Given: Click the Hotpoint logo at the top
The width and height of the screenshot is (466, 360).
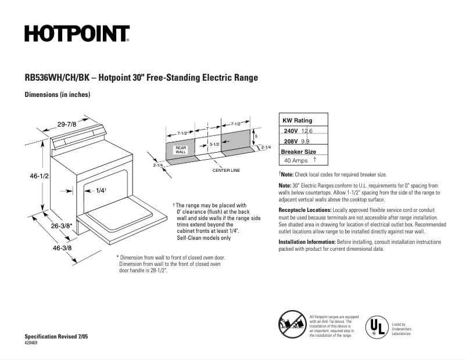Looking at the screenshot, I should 77,34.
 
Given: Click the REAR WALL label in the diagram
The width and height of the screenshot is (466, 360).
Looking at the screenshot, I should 181,150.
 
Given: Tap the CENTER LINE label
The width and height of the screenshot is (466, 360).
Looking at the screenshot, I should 226,171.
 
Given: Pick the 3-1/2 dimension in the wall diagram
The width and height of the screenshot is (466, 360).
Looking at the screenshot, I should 214,143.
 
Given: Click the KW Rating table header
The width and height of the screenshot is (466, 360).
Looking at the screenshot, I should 297,120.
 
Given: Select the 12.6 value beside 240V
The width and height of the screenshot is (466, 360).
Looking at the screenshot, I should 307,131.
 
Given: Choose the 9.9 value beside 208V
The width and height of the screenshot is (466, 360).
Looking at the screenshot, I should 306,141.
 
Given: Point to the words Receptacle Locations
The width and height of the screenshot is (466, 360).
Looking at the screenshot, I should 304,210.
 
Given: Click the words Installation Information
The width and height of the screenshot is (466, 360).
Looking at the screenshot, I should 306,242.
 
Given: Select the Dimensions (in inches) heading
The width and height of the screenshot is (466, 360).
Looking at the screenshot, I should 57,94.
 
